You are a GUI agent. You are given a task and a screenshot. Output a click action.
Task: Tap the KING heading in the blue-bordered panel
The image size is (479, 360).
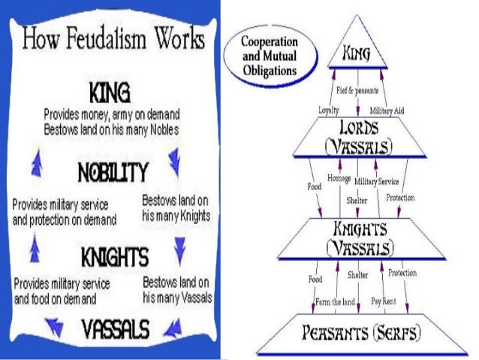(x=109, y=94)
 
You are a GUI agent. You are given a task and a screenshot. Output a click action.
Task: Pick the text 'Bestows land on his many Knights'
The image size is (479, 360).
(x=176, y=208)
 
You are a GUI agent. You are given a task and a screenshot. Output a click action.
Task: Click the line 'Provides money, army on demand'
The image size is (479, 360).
(x=110, y=115)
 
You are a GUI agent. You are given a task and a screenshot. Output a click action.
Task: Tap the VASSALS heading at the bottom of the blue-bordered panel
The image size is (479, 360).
(x=113, y=328)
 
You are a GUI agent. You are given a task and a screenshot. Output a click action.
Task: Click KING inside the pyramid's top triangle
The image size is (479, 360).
(x=358, y=53)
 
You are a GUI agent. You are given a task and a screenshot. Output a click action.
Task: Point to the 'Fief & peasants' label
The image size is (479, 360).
(x=356, y=91)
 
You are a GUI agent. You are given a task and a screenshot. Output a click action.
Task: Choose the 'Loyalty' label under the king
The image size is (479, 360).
(x=329, y=110)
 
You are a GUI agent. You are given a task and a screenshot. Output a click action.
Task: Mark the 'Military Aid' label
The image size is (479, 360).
(x=388, y=110)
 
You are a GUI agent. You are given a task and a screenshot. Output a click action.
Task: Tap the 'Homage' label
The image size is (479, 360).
(x=339, y=177)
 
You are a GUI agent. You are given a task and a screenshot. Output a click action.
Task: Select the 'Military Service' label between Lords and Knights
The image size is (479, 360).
(x=376, y=181)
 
